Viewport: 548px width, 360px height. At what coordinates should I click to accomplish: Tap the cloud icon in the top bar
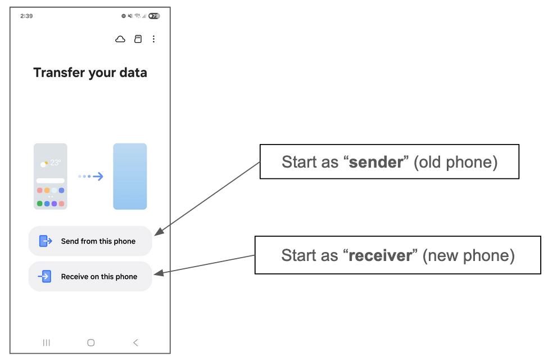120,39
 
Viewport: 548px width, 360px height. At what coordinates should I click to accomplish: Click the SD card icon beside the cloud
138,39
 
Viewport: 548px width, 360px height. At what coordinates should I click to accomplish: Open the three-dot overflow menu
153,39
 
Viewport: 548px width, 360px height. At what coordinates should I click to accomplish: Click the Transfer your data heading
90,73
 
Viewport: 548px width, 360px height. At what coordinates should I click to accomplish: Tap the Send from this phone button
90,241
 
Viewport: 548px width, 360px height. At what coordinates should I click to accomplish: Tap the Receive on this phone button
90,276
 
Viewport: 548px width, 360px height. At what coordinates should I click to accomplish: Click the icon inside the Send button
46,241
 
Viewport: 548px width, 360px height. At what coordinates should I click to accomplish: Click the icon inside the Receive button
45,276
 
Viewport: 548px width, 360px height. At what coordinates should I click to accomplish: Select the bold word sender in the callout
377,163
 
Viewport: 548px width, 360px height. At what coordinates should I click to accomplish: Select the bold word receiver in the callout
380,256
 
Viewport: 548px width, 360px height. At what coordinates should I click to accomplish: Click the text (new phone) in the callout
468,256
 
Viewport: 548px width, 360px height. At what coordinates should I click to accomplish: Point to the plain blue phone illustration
130,176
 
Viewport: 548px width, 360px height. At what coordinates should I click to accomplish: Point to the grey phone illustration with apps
51,176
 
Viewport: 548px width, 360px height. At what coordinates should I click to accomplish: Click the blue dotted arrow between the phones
90,177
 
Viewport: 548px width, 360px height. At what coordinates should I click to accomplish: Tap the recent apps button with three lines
47,343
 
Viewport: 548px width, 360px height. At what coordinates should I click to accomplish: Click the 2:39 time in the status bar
26,16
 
